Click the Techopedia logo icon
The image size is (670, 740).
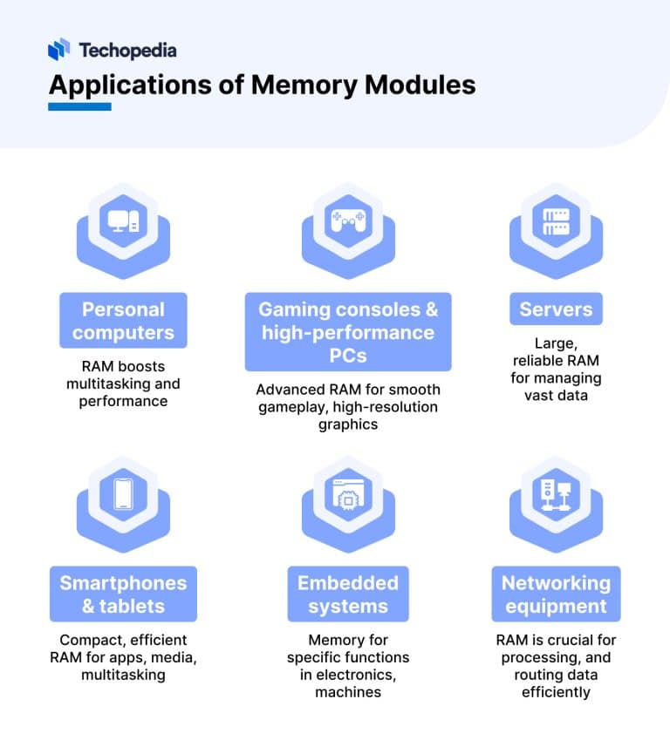[58, 50]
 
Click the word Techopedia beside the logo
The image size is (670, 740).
[127, 51]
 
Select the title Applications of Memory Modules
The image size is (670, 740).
[262, 85]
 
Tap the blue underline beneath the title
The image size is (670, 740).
[79, 106]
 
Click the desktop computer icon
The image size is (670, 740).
[123, 221]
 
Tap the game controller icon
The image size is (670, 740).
[348, 221]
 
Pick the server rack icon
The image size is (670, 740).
[556, 221]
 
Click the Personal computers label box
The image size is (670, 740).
[123, 321]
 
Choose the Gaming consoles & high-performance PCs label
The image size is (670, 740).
[348, 332]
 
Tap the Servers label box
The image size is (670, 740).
[556, 309]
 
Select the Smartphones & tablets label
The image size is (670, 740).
[123, 594]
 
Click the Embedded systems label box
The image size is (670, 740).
[348, 594]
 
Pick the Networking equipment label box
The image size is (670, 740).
[556, 594]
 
